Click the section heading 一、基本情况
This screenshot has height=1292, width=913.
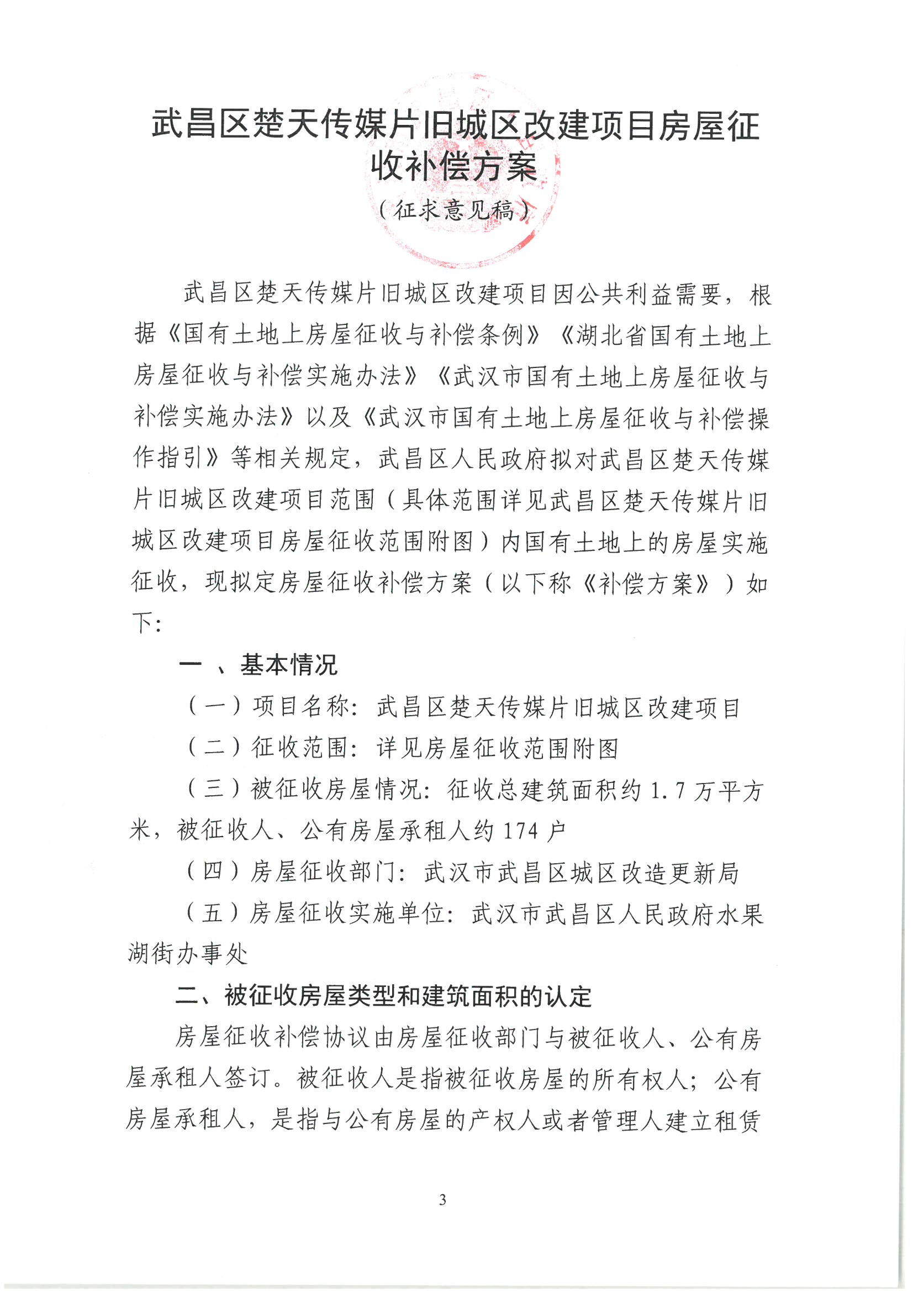click(x=257, y=665)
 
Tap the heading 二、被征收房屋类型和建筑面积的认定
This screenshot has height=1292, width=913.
click(x=383, y=995)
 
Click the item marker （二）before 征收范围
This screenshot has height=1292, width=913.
click(x=214, y=747)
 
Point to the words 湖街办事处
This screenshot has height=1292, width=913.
click(x=188, y=954)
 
